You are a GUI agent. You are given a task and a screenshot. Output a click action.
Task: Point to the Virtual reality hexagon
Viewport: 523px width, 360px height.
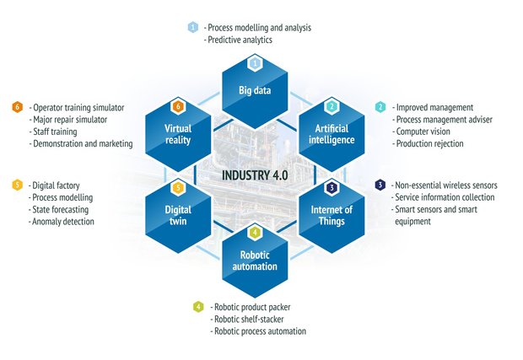(x=178, y=133)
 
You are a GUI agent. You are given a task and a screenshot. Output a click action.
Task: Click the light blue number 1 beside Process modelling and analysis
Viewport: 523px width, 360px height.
(x=192, y=28)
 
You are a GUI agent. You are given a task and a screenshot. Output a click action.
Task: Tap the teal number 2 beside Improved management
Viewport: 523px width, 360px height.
(x=380, y=108)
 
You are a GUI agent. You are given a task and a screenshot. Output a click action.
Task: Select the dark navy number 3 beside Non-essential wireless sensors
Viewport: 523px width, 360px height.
(x=380, y=185)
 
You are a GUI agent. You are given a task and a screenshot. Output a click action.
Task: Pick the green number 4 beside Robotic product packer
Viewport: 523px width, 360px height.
(x=197, y=307)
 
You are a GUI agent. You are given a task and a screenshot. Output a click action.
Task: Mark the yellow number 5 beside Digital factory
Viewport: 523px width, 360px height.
(x=17, y=185)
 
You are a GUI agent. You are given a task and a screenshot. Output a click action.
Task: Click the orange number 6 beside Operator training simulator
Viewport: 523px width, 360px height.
(x=17, y=108)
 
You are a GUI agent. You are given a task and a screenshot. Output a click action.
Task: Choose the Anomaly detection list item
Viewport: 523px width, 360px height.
(x=63, y=222)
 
